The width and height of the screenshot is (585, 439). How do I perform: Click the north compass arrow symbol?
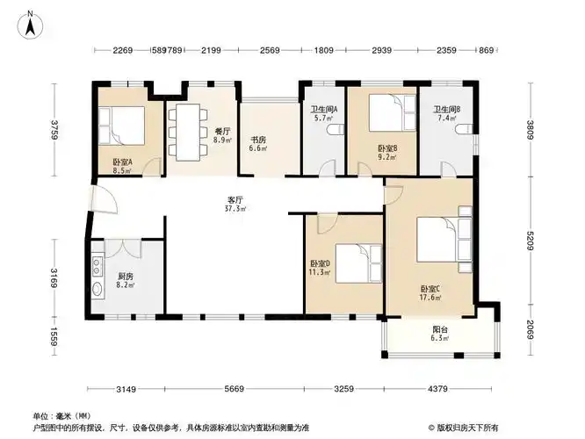click(x=30, y=24)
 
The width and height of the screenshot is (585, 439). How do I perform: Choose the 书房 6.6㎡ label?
click(x=258, y=143)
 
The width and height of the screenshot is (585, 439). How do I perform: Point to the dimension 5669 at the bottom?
click(x=234, y=389)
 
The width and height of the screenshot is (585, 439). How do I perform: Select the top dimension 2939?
click(x=381, y=51)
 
